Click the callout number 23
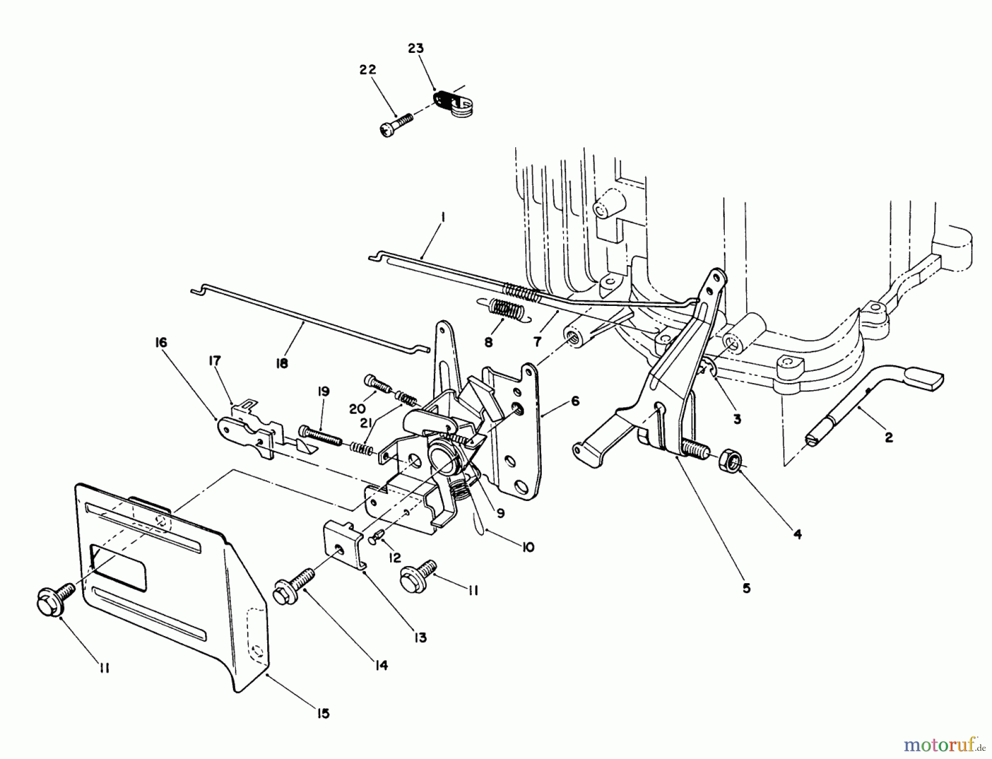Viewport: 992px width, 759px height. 416,49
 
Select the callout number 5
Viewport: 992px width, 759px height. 746,589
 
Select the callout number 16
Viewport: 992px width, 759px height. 161,342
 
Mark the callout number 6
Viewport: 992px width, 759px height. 575,401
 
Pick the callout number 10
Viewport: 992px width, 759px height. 528,548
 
